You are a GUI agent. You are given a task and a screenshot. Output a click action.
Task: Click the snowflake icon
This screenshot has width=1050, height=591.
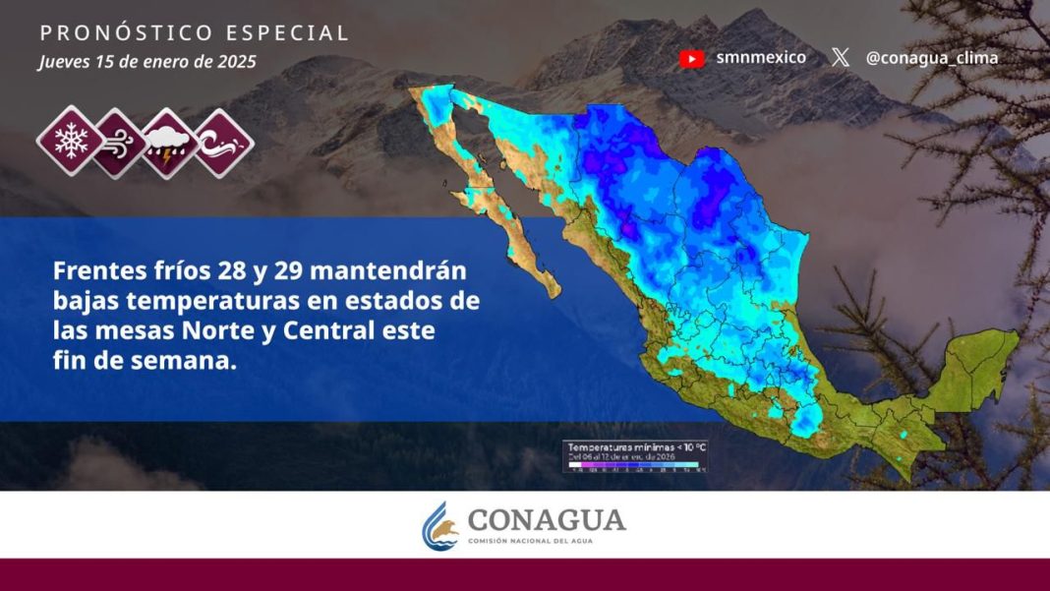tap(70, 142)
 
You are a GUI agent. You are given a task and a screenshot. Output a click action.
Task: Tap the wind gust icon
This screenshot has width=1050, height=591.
tap(118, 144)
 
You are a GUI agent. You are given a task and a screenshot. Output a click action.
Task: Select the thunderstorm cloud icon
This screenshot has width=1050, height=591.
tap(170, 144)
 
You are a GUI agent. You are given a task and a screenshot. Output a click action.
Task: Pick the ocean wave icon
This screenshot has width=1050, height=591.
tap(223, 144)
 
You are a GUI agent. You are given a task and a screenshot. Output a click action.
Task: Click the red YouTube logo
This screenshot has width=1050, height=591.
tap(691, 58)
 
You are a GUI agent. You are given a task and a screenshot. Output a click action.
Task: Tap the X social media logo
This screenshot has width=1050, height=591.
tap(840, 58)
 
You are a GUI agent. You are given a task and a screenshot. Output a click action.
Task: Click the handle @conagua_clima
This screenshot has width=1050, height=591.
tap(931, 58)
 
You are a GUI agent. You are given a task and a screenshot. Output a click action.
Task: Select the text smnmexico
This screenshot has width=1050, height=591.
tap(761, 57)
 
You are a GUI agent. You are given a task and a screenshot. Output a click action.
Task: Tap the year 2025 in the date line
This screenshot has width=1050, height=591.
tap(237, 62)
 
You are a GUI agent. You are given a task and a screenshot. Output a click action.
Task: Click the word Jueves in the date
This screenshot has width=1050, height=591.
tap(64, 62)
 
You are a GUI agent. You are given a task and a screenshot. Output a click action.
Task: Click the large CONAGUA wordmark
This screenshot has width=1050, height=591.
tap(546, 519)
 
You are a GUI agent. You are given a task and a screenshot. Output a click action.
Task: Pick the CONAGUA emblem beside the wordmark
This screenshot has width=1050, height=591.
tap(440, 525)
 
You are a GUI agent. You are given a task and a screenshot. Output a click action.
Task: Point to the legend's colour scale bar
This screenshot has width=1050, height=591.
tap(634, 464)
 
